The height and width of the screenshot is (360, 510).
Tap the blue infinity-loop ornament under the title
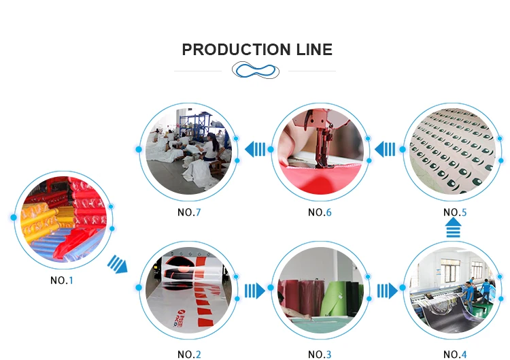[255, 70]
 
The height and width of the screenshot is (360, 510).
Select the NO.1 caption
[61, 280]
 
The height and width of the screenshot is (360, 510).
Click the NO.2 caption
[189, 354]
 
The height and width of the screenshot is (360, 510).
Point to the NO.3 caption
[320, 354]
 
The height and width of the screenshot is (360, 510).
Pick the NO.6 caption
[320, 212]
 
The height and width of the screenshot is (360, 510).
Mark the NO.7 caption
[189, 212]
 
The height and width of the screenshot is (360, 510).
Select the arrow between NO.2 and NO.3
[254, 291]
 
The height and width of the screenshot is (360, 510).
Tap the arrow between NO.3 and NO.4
[387, 291]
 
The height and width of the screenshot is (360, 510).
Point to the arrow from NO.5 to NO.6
[386, 148]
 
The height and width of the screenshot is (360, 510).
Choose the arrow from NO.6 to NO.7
[255, 148]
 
